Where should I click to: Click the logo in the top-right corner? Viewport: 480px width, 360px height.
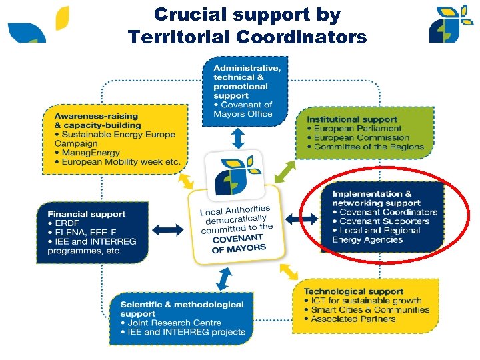[x=451, y=23]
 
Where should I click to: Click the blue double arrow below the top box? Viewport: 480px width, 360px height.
[x=238, y=138]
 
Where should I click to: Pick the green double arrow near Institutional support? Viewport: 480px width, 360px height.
[x=285, y=171]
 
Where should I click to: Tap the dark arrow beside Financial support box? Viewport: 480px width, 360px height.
[x=171, y=230]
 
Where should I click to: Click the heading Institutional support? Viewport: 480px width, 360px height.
[x=351, y=119]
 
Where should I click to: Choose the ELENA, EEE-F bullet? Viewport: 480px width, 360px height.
[x=77, y=233]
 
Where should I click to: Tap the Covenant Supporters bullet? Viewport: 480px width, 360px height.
[x=384, y=221]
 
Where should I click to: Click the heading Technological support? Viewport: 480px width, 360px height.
[x=353, y=291]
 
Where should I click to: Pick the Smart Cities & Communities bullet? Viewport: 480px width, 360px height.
[x=370, y=309]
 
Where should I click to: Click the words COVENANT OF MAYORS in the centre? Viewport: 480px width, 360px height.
[x=238, y=243]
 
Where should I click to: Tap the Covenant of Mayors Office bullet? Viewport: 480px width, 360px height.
[x=243, y=109]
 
